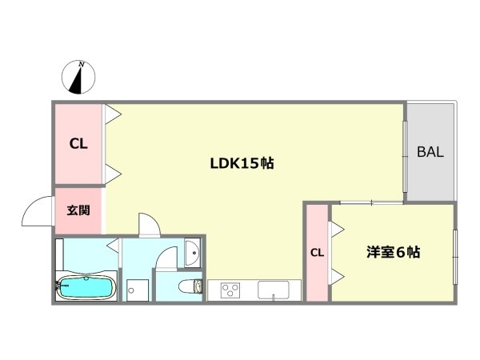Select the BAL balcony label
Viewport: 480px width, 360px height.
click(x=430, y=152)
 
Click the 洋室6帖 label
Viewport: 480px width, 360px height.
click(x=394, y=252)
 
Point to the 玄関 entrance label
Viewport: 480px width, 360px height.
click(x=78, y=211)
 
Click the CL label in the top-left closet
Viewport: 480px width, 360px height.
click(x=78, y=145)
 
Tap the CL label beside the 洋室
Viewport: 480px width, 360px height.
click(x=317, y=253)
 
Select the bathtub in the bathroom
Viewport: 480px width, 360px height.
click(x=85, y=287)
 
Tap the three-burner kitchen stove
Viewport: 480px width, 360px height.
click(x=230, y=289)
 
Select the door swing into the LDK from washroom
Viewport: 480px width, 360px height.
click(x=147, y=225)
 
